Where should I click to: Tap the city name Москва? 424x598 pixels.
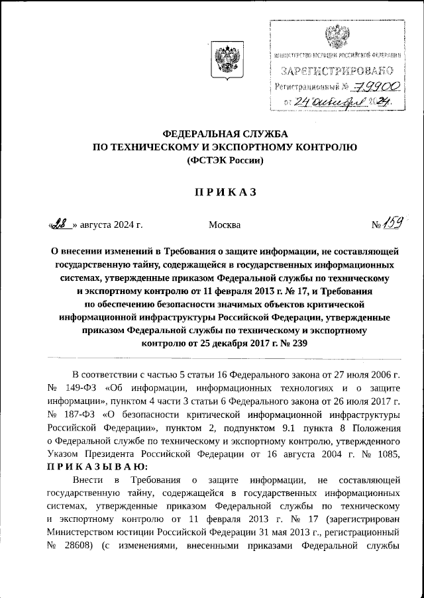click(x=225, y=225)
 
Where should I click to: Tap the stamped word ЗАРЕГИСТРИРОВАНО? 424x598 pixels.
click(x=339, y=70)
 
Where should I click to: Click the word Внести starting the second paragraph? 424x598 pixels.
click(x=88, y=479)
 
